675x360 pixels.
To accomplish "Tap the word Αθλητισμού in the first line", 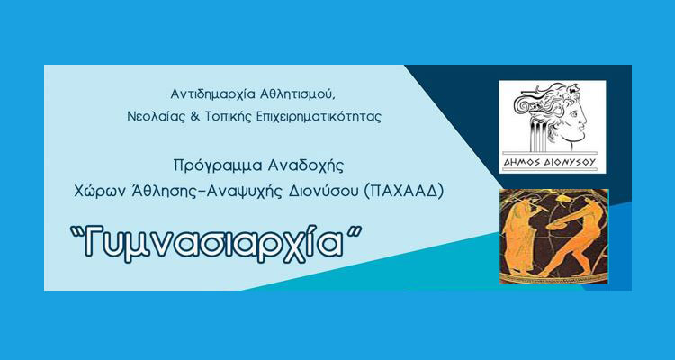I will point(292,94).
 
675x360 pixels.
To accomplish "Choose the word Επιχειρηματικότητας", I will point(313,115).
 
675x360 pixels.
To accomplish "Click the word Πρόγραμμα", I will point(212,166).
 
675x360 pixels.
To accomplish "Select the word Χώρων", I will point(100,191).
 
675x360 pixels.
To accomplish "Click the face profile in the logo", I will point(576,121).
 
